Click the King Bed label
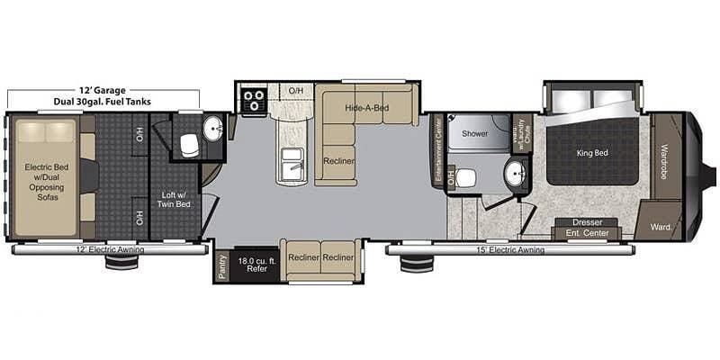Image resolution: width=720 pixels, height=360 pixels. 590,153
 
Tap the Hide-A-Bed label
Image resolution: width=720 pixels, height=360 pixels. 366,108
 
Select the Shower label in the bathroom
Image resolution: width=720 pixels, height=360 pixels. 474,133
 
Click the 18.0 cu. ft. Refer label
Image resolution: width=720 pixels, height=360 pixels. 253,265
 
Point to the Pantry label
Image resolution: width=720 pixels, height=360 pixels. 222,265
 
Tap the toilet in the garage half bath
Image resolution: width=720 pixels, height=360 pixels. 188,144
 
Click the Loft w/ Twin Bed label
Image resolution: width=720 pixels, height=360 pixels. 175,199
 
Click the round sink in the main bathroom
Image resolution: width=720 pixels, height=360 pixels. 516,175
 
